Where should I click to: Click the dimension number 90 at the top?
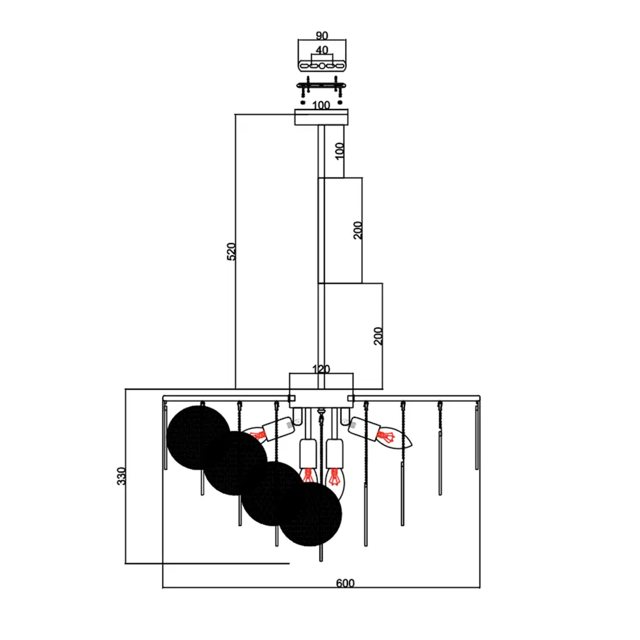tap(322, 36)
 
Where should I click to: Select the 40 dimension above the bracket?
tap(322, 50)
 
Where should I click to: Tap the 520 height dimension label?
tap(231, 252)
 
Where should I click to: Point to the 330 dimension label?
tap(121, 476)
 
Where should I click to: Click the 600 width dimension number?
tap(345, 583)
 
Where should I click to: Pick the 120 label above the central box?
tap(321, 369)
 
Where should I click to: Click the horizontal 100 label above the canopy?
tap(321, 106)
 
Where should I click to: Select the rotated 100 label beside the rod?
tap(339, 151)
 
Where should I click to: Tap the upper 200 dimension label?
tap(358, 230)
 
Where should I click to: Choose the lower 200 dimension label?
tap(378, 336)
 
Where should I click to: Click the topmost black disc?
tap(198, 438)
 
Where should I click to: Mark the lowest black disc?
tap(310, 514)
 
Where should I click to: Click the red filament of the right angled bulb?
tap(386, 437)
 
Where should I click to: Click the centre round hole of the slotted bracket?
tap(322, 66)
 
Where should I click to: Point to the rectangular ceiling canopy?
tap(321, 117)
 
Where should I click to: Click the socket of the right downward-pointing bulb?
tap(335, 454)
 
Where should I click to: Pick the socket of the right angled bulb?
tap(362, 429)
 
